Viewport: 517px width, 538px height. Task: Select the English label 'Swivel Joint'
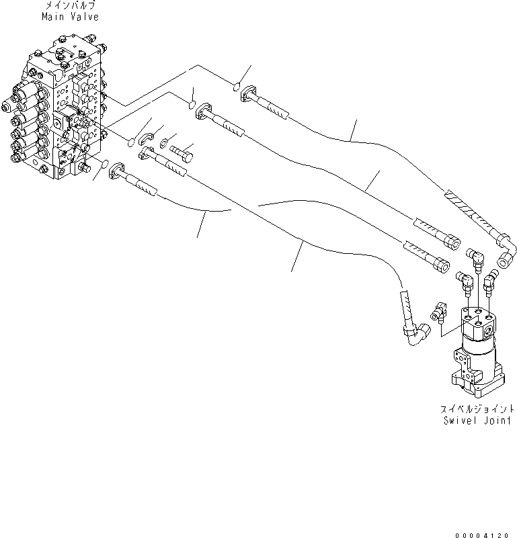click(x=478, y=420)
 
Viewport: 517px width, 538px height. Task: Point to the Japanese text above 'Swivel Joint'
click(x=478, y=408)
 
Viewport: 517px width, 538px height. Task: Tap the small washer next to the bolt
click(x=165, y=142)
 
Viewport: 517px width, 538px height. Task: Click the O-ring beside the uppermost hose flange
click(x=236, y=86)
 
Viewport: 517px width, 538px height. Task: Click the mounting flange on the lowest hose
click(x=118, y=172)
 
